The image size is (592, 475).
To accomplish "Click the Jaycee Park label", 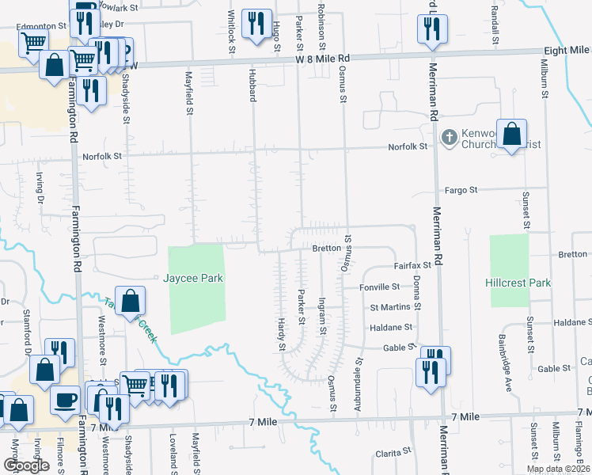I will [x=194, y=279].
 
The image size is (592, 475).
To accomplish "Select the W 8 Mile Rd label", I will [x=323, y=59].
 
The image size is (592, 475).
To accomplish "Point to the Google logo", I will [x=26, y=465].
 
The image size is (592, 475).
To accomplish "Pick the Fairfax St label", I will [x=414, y=266].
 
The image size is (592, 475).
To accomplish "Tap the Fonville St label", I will [x=379, y=287].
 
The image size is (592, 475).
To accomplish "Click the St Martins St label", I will [x=390, y=306].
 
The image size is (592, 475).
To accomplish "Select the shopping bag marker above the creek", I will [x=131, y=300].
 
